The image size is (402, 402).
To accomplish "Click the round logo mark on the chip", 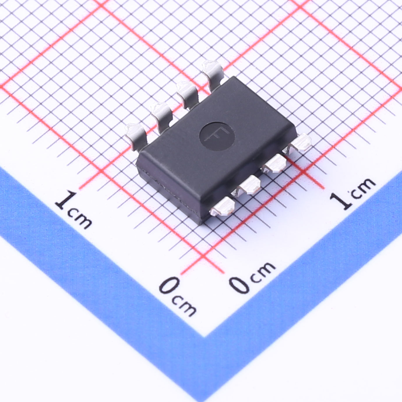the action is [217, 136].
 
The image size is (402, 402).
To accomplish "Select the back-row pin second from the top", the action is [187, 95].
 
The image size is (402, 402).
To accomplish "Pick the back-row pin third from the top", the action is [161, 117].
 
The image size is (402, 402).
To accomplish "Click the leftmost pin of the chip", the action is [136, 137].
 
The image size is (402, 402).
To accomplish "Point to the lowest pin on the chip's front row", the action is [222, 206].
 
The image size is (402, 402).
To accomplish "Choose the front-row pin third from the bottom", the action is [274, 163].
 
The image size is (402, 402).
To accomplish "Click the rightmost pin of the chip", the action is [299, 142].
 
